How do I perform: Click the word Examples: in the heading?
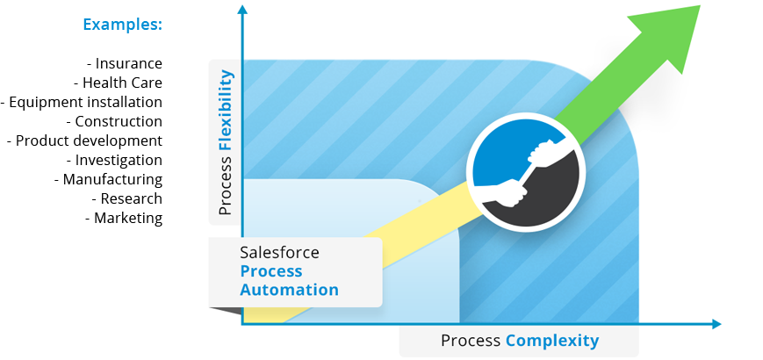(x=122, y=25)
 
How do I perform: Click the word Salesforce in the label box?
(x=279, y=253)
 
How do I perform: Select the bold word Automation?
(x=290, y=290)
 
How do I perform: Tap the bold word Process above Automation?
(x=270, y=271)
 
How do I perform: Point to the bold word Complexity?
(x=552, y=341)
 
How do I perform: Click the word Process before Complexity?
(x=471, y=341)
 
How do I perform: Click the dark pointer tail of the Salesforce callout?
(x=224, y=308)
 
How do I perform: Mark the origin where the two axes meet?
(x=242, y=324)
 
